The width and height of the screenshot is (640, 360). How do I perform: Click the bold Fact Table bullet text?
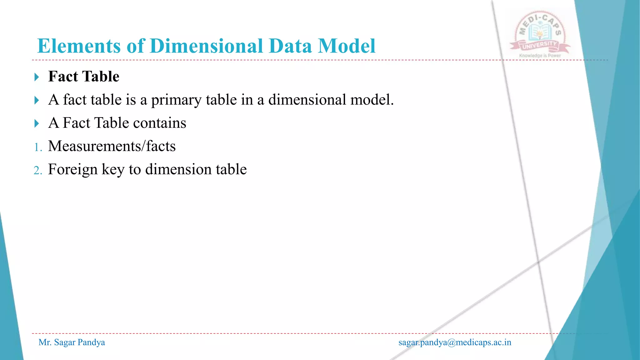[84, 77]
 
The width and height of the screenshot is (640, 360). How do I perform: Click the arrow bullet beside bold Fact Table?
[37, 77]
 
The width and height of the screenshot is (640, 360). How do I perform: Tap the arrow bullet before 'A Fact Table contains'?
[37, 123]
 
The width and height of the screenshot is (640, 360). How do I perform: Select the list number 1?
[38, 147]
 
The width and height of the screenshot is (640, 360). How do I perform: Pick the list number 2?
[38, 171]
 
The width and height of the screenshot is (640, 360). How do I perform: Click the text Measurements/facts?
[112, 146]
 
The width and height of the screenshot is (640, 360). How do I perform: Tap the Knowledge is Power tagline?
[540, 56]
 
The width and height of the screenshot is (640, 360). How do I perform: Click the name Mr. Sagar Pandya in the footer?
[72, 342]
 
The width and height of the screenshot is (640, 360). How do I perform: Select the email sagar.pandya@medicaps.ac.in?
[455, 342]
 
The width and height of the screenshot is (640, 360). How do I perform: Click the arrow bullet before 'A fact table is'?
[37, 100]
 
